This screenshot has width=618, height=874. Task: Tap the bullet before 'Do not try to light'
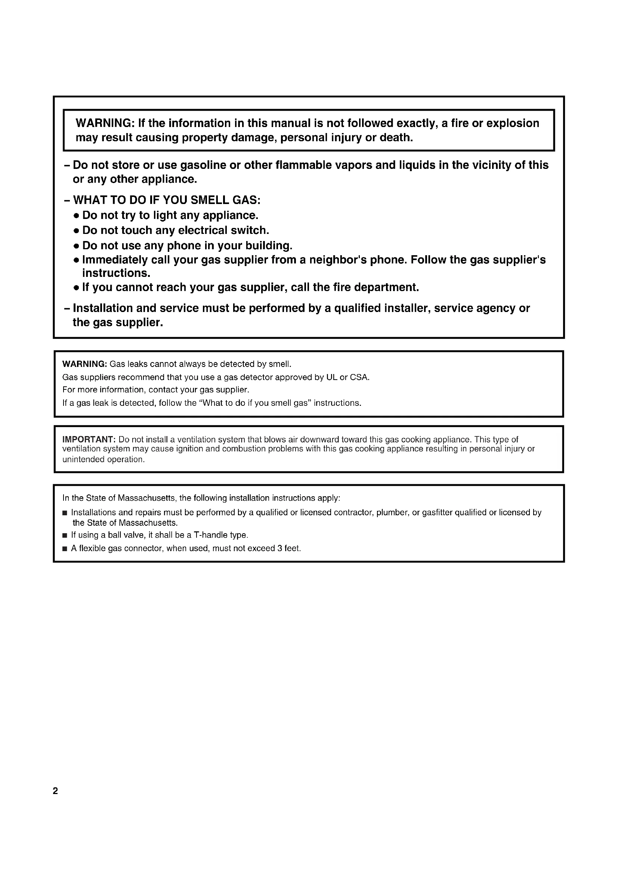pyautogui.click(x=77, y=216)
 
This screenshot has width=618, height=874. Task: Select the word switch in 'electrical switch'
pyautogui.click(x=249, y=230)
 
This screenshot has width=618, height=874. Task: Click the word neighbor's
pyautogui.click(x=338, y=260)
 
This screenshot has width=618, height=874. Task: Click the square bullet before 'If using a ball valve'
pyautogui.click(x=65, y=535)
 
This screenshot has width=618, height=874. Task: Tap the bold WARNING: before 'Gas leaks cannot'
pyautogui.click(x=84, y=364)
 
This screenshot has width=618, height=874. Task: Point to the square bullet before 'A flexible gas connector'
pyautogui.click(x=65, y=549)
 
